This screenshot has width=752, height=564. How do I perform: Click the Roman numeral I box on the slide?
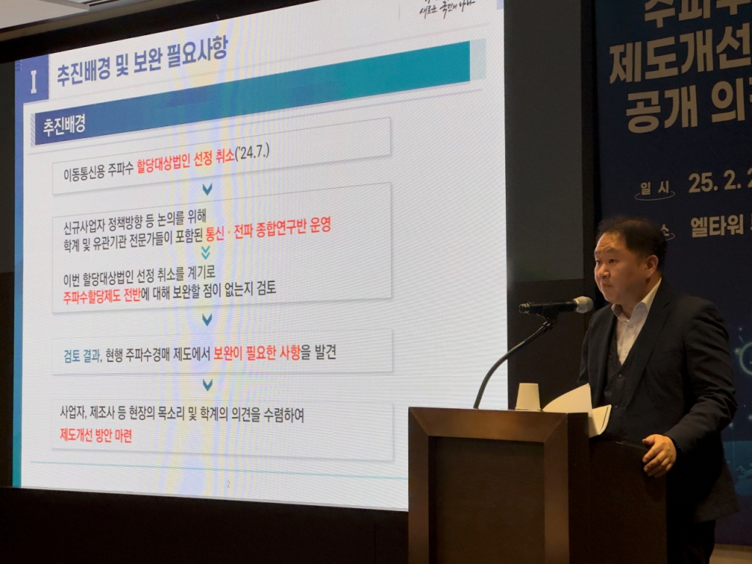click(32, 81)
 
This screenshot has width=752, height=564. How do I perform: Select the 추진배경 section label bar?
click(62, 124)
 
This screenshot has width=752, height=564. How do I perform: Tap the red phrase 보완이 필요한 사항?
click(257, 352)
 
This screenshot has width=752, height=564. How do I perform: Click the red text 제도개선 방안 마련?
click(96, 435)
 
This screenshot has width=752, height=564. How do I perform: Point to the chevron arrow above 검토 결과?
click(207, 319)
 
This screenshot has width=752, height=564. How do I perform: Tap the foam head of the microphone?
click(582, 304)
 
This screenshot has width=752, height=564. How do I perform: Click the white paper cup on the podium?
click(527, 397)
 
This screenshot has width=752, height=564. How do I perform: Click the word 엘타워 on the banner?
click(717, 226)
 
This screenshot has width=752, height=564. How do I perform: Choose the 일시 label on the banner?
click(656, 189)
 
